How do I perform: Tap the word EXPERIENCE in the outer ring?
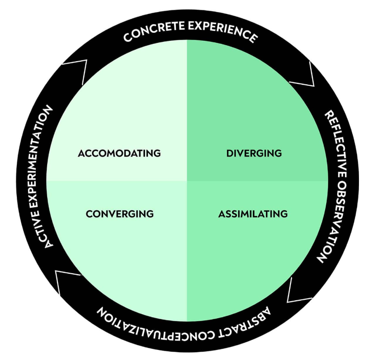223,32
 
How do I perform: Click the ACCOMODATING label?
119,153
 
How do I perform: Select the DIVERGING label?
253,153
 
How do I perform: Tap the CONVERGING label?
119,213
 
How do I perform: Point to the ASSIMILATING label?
253,213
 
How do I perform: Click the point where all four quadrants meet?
186,181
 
